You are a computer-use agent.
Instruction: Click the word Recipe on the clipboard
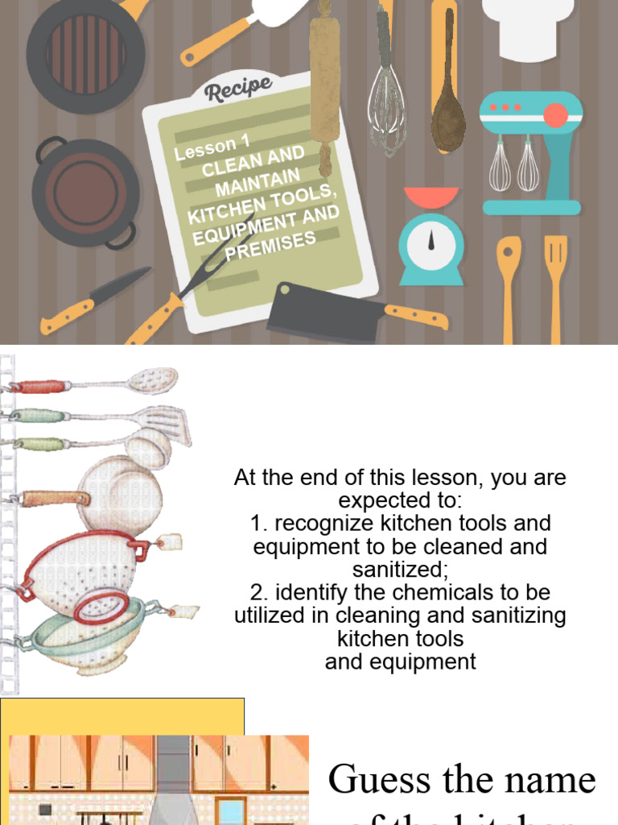(238, 88)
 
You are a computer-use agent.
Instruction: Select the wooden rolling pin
(325, 81)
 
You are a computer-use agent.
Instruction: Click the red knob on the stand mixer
(555, 115)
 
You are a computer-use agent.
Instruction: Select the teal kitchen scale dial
(432, 241)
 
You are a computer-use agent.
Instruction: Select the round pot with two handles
(86, 193)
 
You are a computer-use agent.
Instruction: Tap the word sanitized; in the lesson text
(401, 570)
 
